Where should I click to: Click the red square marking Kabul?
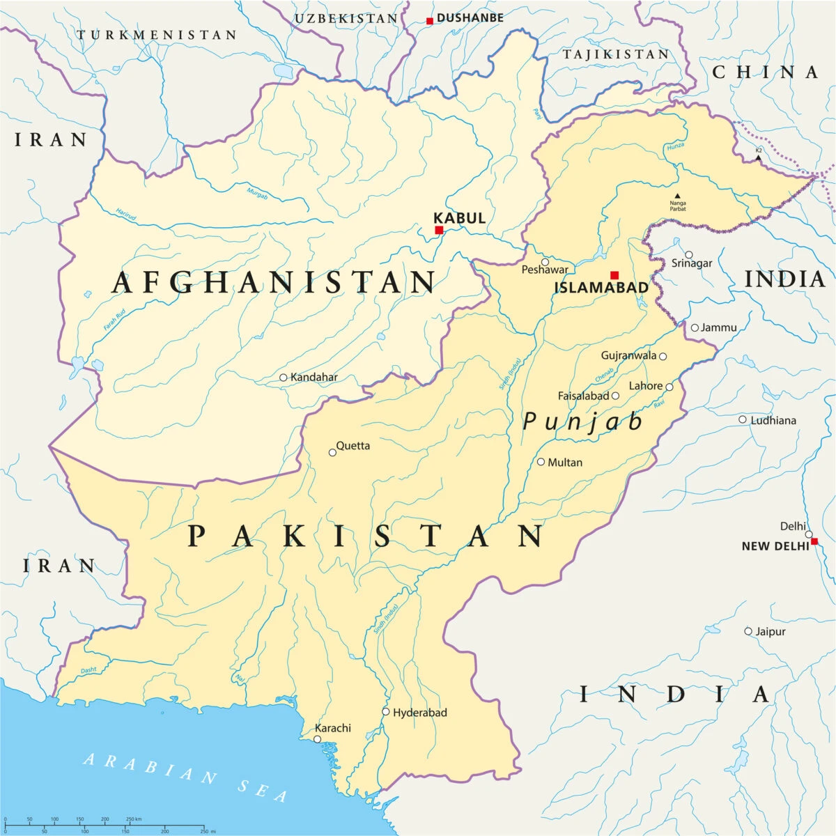439,230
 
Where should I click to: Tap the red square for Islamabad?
614,275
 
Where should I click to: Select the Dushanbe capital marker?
430,21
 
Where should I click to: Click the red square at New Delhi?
814,541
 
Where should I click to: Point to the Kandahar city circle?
283,378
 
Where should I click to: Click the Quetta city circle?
332,452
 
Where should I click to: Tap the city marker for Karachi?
317,739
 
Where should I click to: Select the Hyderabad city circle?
385,712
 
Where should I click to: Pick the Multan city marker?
541,462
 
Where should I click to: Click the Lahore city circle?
669,387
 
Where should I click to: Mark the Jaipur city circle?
748,632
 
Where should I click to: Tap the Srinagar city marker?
689,255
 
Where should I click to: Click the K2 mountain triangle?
759,158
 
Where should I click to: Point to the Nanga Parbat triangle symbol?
677,196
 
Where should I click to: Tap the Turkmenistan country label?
157,35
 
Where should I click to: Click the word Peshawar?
545,270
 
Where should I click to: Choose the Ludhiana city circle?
743,419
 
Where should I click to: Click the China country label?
765,72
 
